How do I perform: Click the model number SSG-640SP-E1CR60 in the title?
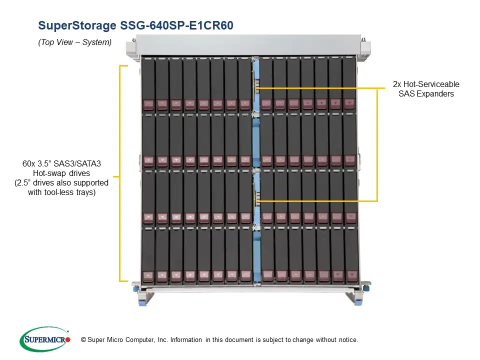(x=176, y=25)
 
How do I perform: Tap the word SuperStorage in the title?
(x=77, y=25)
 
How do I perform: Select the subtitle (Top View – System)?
(x=74, y=42)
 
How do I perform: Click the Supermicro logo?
(x=45, y=339)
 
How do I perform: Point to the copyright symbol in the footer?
(x=83, y=340)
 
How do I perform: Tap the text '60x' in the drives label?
(x=28, y=164)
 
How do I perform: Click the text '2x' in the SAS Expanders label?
(x=397, y=84)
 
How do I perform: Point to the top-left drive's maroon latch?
(x=148, y=104)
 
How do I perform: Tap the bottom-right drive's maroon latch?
(x=351, y=276)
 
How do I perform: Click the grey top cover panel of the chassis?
(x=248, y=44)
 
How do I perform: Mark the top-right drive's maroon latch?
(x=349, y=104)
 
